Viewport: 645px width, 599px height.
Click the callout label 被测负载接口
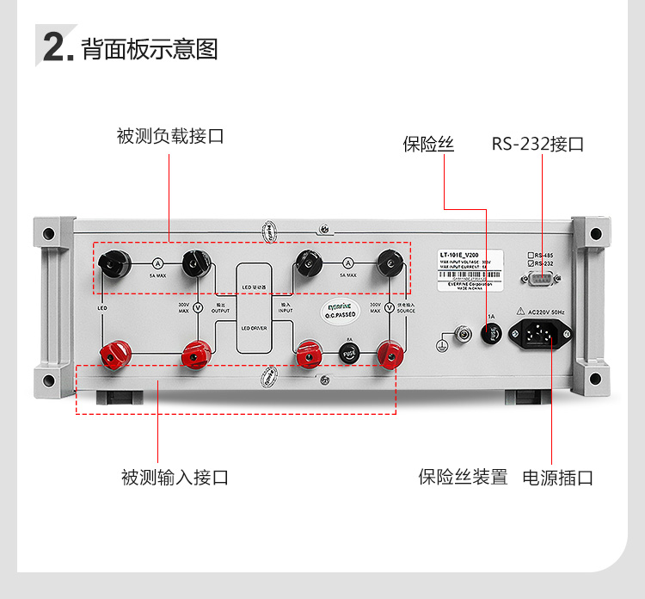click(170, 136)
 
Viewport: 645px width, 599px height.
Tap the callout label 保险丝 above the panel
click(427, 144)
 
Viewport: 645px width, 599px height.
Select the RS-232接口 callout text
click(537, 144)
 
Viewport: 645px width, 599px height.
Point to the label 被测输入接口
click(175, 477)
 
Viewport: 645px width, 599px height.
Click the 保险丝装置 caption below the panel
click(463, 477)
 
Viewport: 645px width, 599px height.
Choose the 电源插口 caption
click(558, 477)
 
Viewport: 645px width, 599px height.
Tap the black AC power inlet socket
click(540, 332)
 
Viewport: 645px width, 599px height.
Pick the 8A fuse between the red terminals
click(348, 353)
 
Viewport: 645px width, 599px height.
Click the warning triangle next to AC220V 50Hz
click(520, 312)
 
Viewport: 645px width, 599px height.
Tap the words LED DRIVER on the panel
click(254, 328)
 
